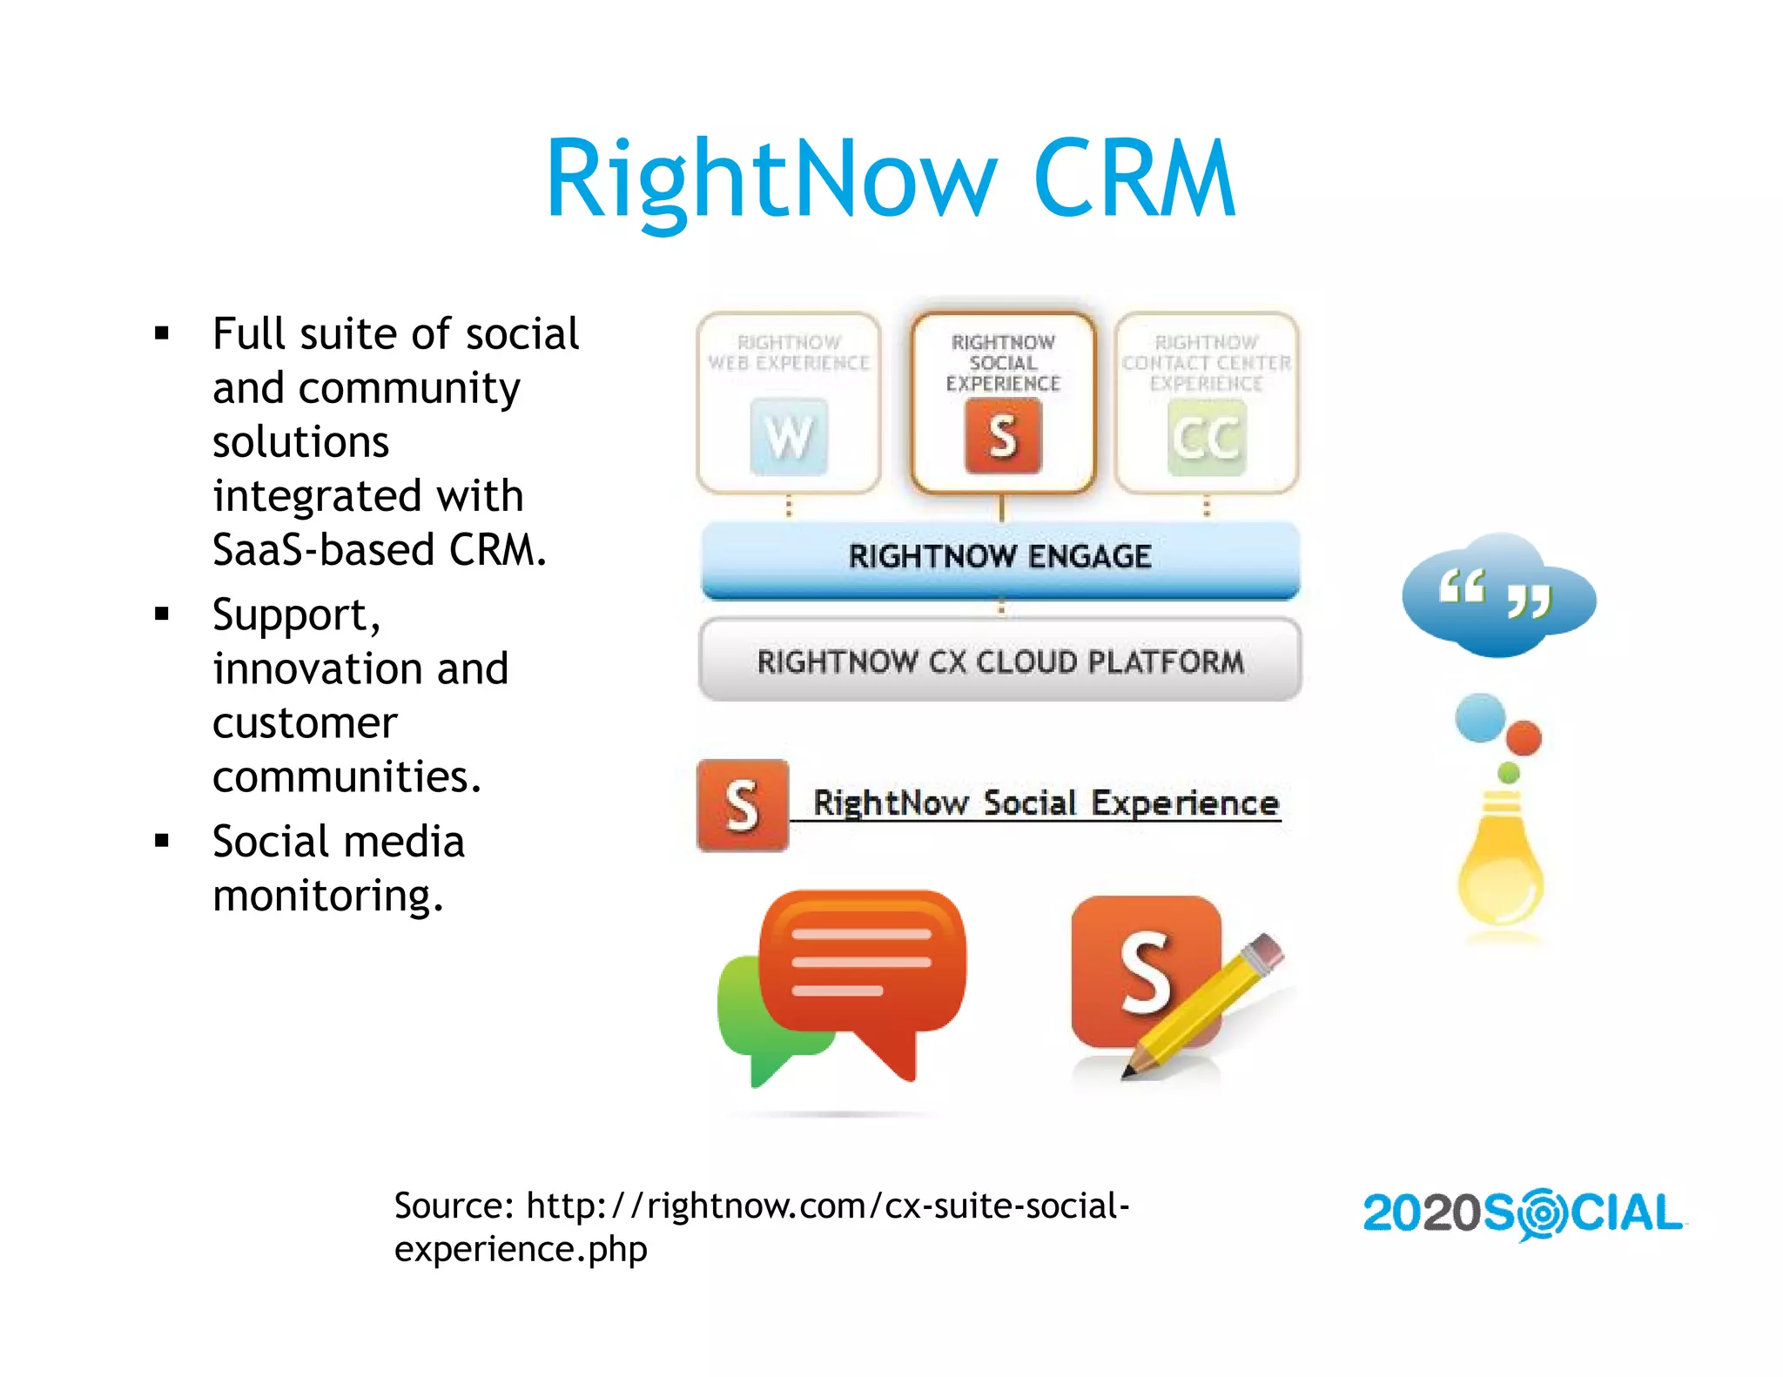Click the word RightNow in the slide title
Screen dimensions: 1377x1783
coord(770,180)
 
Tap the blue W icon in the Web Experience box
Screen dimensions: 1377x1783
coord(789,436)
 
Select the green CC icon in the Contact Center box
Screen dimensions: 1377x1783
coord(1206,437)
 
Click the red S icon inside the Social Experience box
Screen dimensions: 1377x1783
coord(1003,436)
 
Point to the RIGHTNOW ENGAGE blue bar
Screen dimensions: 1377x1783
coord(999,557)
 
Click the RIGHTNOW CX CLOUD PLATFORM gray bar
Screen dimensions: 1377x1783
coord(999,662)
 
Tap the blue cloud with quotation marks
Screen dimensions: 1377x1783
coord(1497,596)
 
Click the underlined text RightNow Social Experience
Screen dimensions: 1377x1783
coord(1045,803)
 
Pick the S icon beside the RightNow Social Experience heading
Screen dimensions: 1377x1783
coord(742,805)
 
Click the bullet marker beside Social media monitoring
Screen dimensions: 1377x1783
coord(162,841)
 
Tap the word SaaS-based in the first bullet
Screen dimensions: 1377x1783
coord(324,550)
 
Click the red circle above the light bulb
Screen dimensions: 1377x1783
coord(1524,737)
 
